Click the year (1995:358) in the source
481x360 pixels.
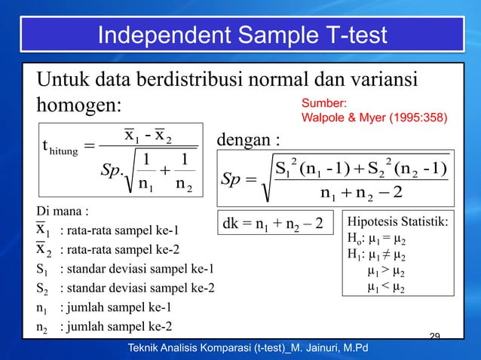pyautogui.click(x=410, y=118)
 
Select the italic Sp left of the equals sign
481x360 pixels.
pyautogui.click(x=231, y=179)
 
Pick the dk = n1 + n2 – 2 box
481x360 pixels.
pyautogui.click(x=274, y=224)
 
